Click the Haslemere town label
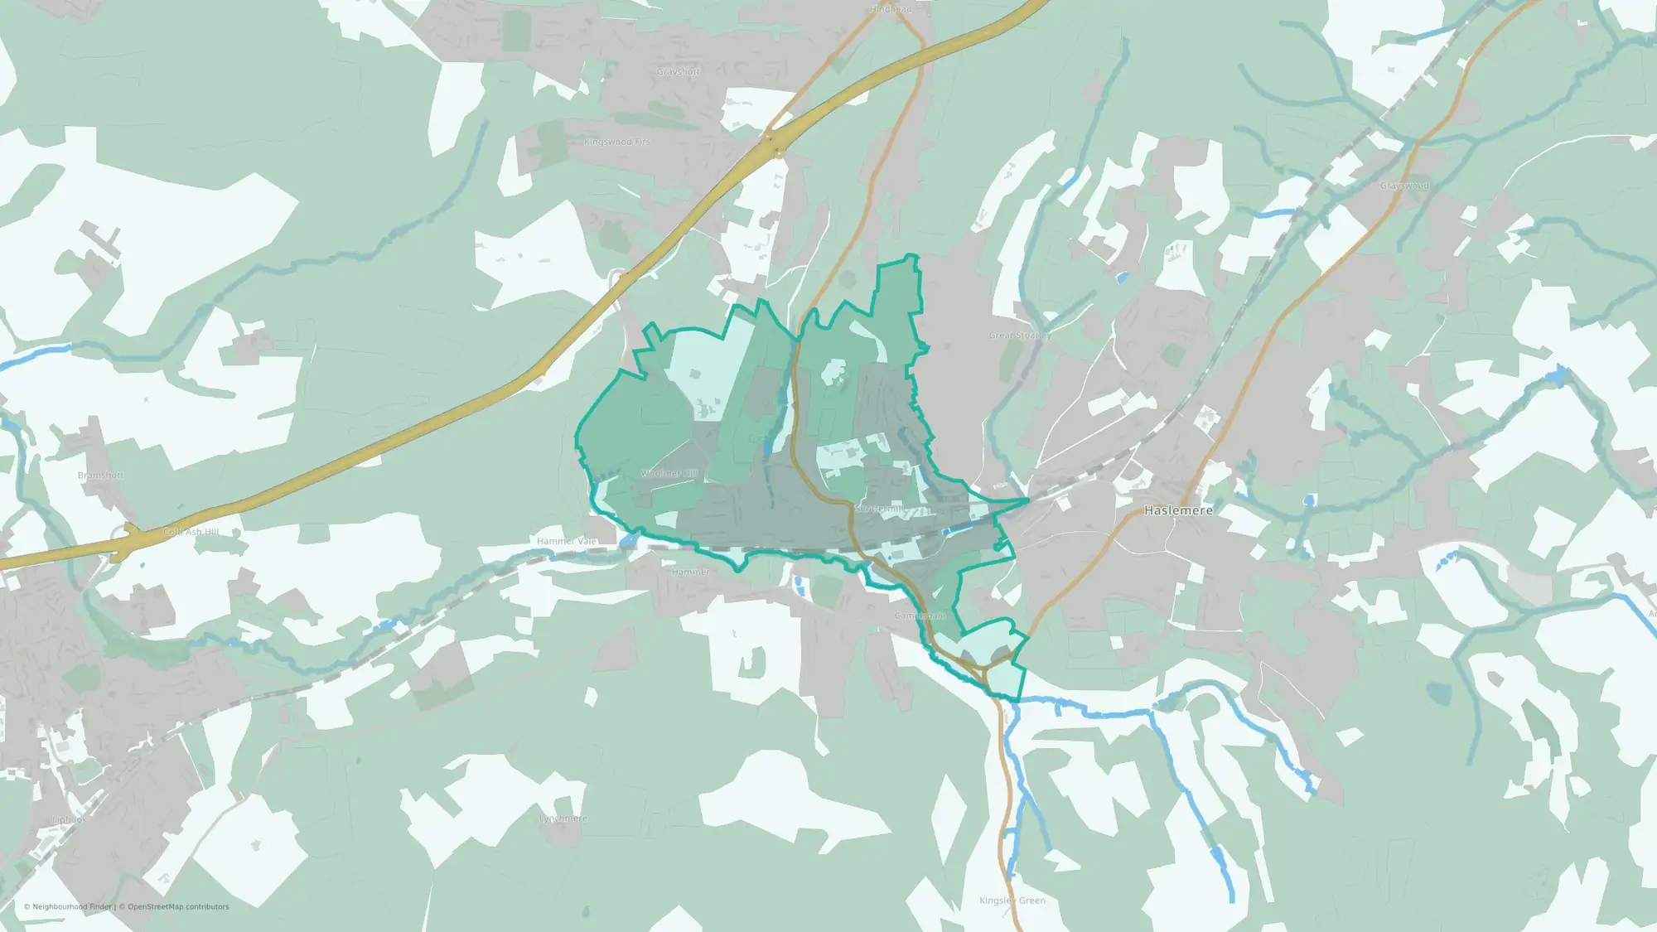click(x=1178, y=510)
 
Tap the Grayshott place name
click(x=678, y=72)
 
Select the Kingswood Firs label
click(x=616, y=142)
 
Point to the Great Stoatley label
click(x=1020, y=336)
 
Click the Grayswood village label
click(x=1404, y=186)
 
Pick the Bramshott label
click(x=100, y=476)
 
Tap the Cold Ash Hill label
click(x=191, y=532)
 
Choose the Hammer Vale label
click(x=567, y=541)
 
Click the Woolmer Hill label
click(x=669, y=474)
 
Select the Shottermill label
click(x=880, y=509)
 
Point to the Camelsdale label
click(x=920, y=616)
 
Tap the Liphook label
click(x=69, y=819)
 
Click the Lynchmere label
click(x=563, y=819)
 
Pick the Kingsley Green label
click(x=1012, y=901)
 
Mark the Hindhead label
click(x=891, y=9)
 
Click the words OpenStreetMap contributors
click(x=178, y=907)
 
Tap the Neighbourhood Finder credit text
click(x=71, y=907)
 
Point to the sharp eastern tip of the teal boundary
click(x=1028, y=500)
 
